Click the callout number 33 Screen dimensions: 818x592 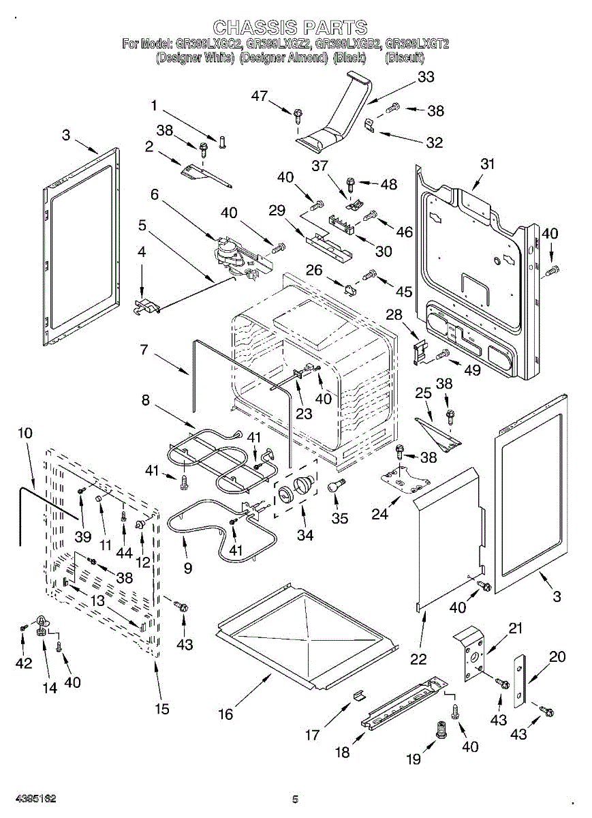pos(426,77)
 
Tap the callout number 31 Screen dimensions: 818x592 pos(487,164)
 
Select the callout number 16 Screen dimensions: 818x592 pos(225,714)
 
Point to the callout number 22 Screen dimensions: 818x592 pos(418,658)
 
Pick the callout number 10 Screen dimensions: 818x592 pos(25,433)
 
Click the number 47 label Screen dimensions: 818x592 pos(259,96)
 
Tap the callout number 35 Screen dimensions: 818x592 pos(340,519)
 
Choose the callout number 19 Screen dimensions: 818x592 pos(413,759)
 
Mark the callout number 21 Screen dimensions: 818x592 pos(516,628)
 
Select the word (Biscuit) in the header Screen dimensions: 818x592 pos(407,58)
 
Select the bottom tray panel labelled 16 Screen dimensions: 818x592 pos(307,634)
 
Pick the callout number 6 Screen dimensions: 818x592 pos(155,194)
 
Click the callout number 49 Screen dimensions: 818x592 pos(472,371)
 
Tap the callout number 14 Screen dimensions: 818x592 pos(50,688)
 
